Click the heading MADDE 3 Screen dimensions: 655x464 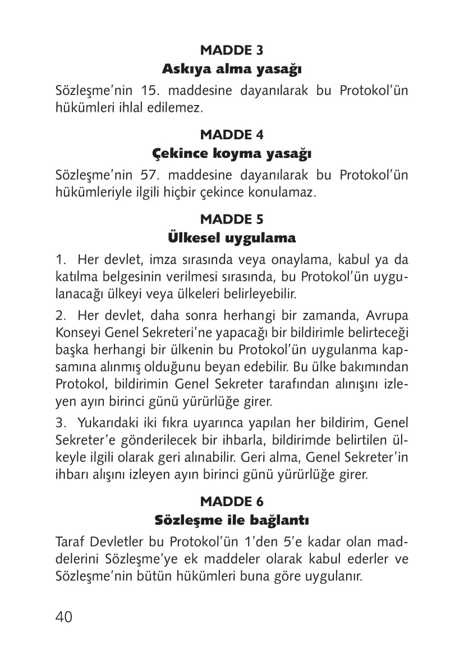point(232,51)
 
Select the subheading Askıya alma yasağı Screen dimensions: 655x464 point(232,70)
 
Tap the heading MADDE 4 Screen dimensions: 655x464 point(232,135)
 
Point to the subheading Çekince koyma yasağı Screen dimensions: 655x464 point(232,153)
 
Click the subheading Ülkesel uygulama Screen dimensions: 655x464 point(232,238)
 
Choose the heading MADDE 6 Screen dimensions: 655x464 point(232,501)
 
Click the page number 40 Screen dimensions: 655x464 point(64,617)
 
